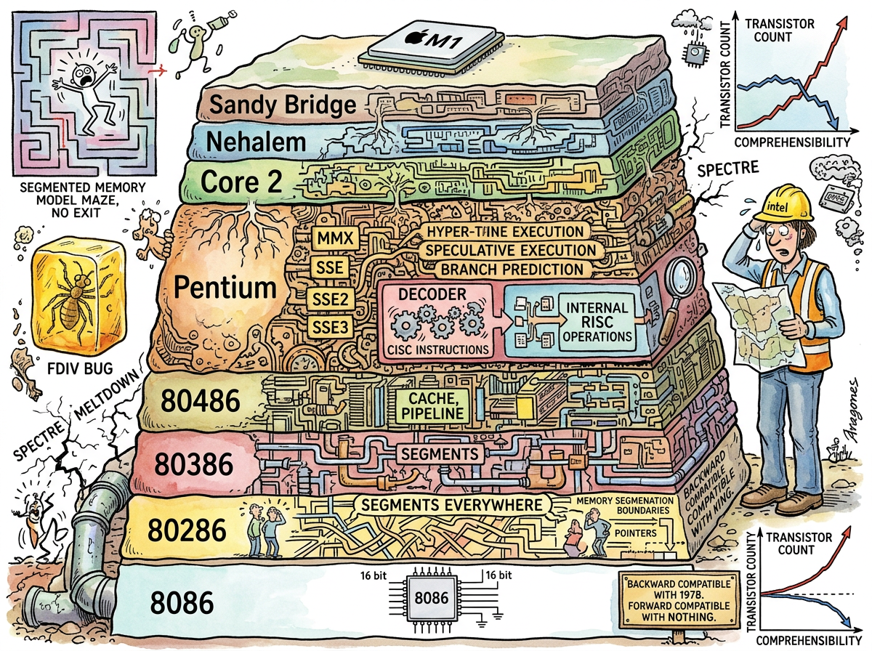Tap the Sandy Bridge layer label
tap(283, 105)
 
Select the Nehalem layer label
tap(255, 141)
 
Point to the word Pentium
tap(226, 288)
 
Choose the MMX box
tap(330, 238)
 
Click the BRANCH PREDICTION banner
tap(512, 269)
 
